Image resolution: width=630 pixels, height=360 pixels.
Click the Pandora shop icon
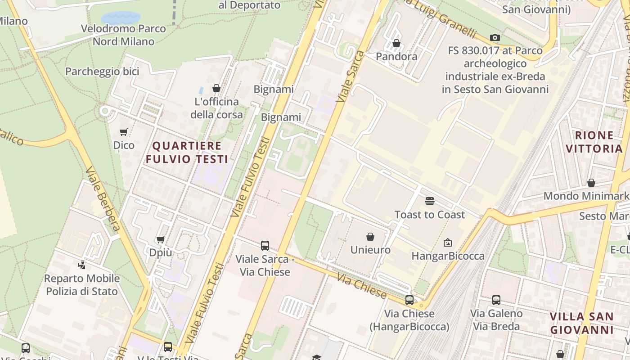pyautogui.click(x=396, y=43)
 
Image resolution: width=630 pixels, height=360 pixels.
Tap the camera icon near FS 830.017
pyautogui.click(x=495, y=37)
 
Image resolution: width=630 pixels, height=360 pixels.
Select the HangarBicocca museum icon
pyautogui.click(x=448, y=243)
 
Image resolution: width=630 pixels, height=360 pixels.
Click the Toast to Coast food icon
pyautogui.click(x=430, y=201)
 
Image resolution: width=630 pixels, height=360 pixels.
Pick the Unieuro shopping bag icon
pyautogui.click(x=370, y=236)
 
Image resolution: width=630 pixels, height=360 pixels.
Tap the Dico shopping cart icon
pyautogui.click(x=123, y=132)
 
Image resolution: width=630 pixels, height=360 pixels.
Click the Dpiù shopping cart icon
pyautogui.click(x=160, y=239)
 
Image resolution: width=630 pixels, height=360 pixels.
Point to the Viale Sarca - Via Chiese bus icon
pyautogui.click(x=265, y=245)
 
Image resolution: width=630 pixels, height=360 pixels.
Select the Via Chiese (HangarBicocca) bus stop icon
pyautogui.click(x=409, y=300)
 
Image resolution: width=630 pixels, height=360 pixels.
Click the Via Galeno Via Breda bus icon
pyautogui.click(x=496, y=300)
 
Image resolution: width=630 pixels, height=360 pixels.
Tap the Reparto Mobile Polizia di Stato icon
pyautogui.click(x=81, y=265)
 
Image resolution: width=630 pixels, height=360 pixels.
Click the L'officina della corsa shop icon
pyautogui.click(x=216, y=88)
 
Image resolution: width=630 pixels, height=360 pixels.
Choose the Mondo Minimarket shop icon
pyautogui.click(x=591, y=182)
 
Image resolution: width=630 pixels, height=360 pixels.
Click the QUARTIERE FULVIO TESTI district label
pyautogui.click(x=187, y=152)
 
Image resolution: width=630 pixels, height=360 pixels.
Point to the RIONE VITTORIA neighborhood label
pyautogui.click(x=594, y=142)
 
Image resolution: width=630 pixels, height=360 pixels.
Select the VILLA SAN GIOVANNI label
pyautogui.click(x=582, y=323)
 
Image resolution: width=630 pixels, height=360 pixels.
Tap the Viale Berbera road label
pyautogui.click(x=103, y=198)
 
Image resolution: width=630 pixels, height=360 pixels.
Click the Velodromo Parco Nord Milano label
pyautogui.click(x=123, y=35)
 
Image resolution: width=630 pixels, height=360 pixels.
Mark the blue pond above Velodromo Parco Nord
pyautogui.click(x=121, y=18)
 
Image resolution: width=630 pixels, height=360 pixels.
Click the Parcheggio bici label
pyautogui.click(x=102, y=71)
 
